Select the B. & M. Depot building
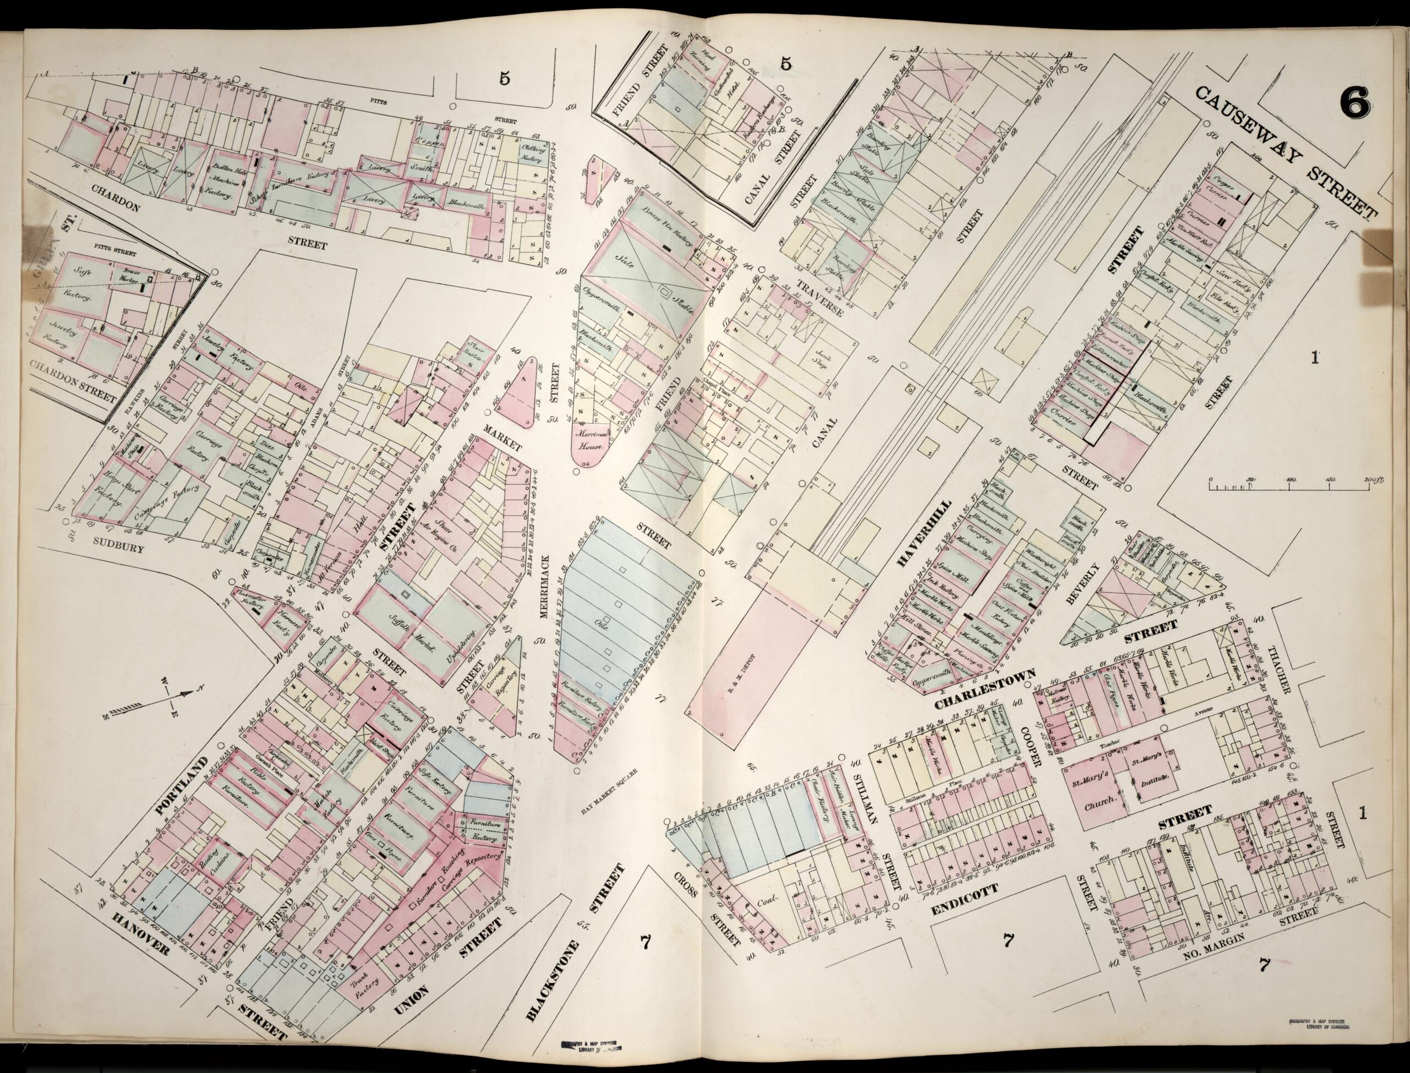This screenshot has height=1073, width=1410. coord(751,658)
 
